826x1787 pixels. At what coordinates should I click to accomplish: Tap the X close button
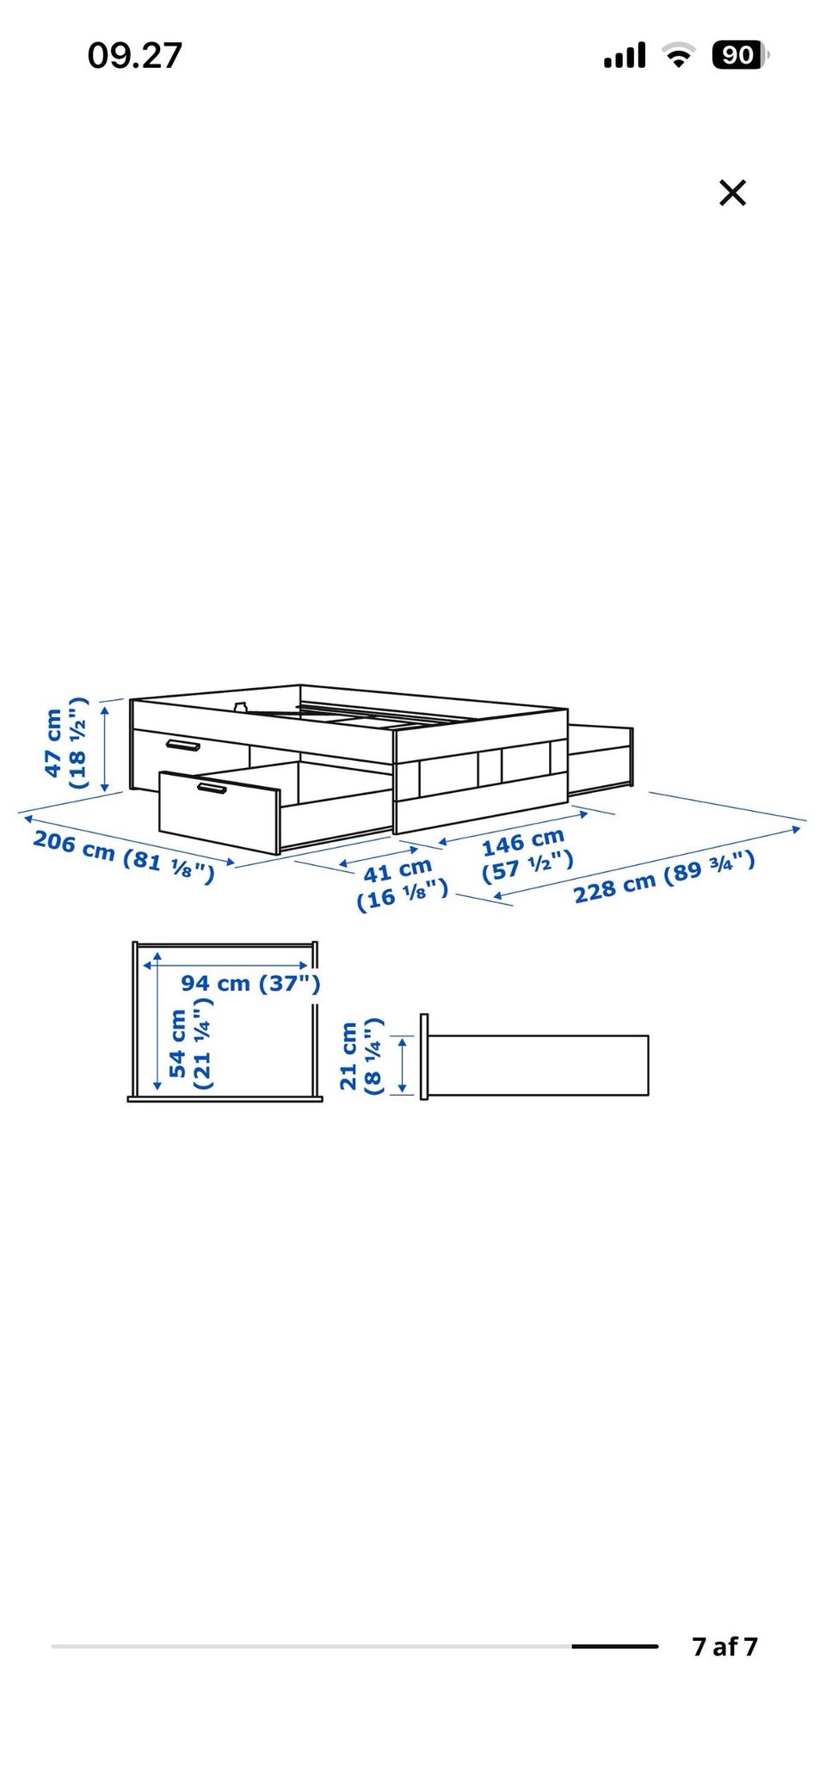[732, 193]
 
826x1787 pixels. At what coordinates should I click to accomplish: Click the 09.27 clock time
[135, 56]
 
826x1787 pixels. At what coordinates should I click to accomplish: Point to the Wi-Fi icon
[679, 57]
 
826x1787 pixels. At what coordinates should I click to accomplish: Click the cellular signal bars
[625, 57]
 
